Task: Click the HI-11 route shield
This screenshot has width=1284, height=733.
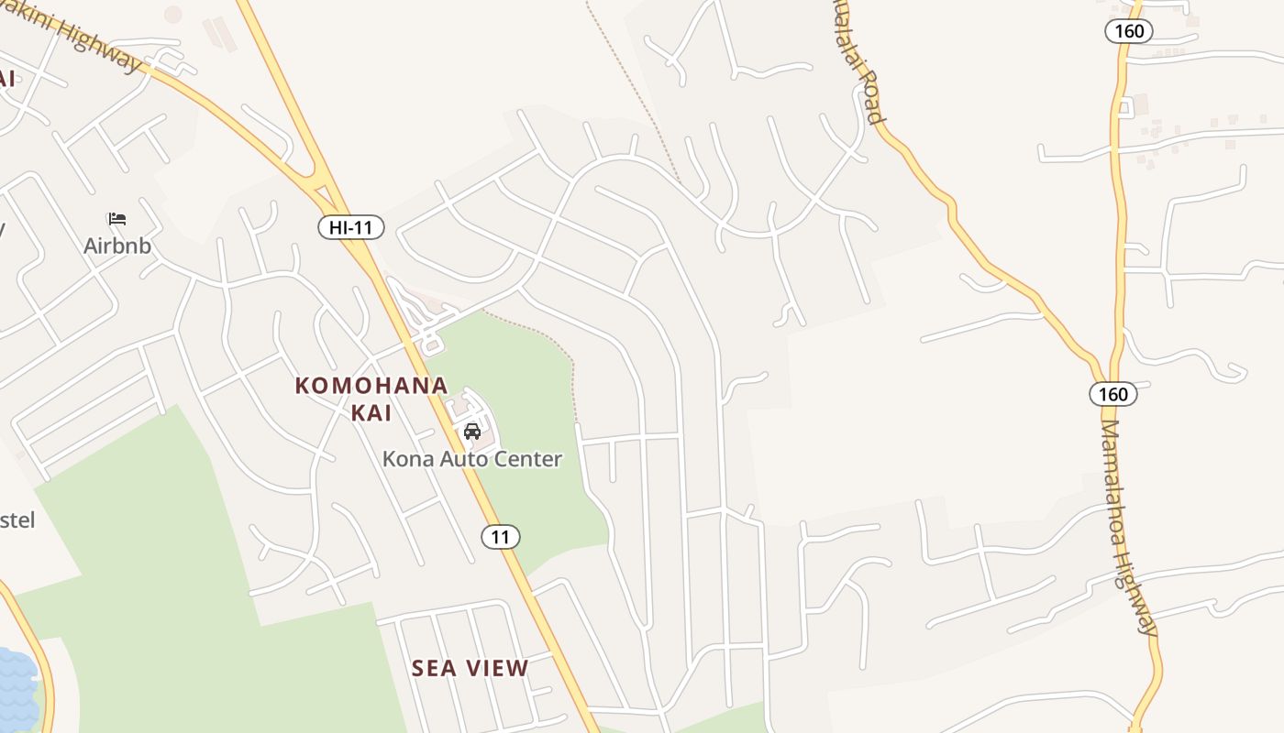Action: pyautogui.click(x=350, y=227)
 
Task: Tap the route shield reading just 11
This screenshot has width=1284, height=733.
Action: pyautogui.click(x=500, y=537)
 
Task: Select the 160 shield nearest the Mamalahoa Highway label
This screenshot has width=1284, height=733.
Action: pyautogui.click(x=1112, y=394)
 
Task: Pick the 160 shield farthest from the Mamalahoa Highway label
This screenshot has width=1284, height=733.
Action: pyautogui.click(x=1129, y=31)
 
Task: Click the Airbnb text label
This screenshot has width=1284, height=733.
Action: pyautogui.click(x=116, y=246)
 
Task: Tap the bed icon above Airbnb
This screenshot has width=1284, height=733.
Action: pyautogui.click(x=116, y=219)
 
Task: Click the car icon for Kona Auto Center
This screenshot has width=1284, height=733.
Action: pyautogui.click(x=472, y=431)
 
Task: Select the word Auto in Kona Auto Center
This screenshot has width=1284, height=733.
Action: pyautogui.click(x=466, y=459)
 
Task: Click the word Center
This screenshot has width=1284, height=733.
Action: pyautogui.click(x=530, y=459)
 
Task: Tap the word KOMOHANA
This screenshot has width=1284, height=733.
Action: pyautogui.click(x=371, y=386)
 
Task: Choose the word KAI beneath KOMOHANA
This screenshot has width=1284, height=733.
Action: pyautogui.click(x=371, y=413)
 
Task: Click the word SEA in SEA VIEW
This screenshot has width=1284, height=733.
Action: pyautogui.click(x=434, y=669)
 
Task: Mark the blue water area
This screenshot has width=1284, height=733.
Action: pyautogui.click(x=17, y=687)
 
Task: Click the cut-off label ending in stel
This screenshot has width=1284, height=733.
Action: pyautogui.click(x=17, y=520)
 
